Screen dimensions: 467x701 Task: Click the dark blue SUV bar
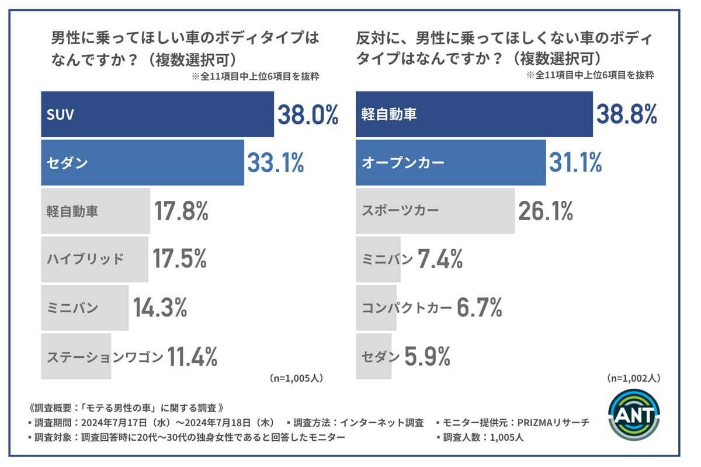pos(157,114)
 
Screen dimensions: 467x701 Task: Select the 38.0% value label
pos(308,115)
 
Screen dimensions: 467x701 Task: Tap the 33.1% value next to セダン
pos(275,163)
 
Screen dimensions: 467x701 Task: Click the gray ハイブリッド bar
pos(95,259)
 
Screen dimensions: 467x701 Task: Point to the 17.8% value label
pos(181,211)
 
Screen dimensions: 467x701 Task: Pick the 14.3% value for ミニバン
pos(160,307)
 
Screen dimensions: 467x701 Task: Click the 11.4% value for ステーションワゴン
pos(193,356)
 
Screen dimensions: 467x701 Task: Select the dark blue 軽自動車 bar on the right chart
pos(474,114)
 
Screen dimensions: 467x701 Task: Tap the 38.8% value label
pos(626,115)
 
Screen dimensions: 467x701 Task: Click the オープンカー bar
pos(451,163)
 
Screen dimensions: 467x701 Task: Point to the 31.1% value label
pos(575,163)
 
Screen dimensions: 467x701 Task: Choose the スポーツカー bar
pos(435,211)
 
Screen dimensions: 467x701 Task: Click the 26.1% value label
pos(545,211)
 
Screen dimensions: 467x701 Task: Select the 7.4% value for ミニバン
pos(440,259)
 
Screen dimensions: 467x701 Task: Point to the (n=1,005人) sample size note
pos(296,378)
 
